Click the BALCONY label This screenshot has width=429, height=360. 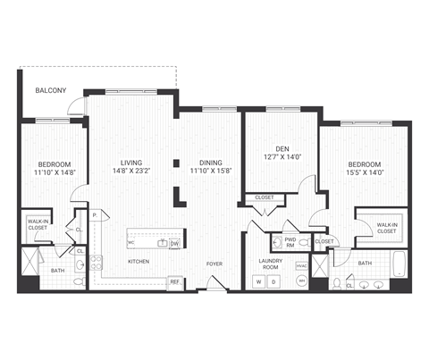[46, 91]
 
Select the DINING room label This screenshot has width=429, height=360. [204, 163]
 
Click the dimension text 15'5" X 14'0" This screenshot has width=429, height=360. [364, 173]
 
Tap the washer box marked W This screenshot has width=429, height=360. [259, 282]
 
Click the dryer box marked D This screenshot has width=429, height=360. [274, 282]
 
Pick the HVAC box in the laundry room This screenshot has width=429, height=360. [300, 265]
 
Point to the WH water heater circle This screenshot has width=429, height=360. [301, 282]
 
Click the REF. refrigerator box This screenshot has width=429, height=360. [176, 282]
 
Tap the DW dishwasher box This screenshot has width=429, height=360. [175, 242]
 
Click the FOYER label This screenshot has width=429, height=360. [214, 264]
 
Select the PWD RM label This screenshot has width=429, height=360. [290, 241]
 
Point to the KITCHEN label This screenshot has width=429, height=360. [138, 262]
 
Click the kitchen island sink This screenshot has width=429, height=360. [162, 242]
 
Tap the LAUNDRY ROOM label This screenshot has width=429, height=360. [270, 264]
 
